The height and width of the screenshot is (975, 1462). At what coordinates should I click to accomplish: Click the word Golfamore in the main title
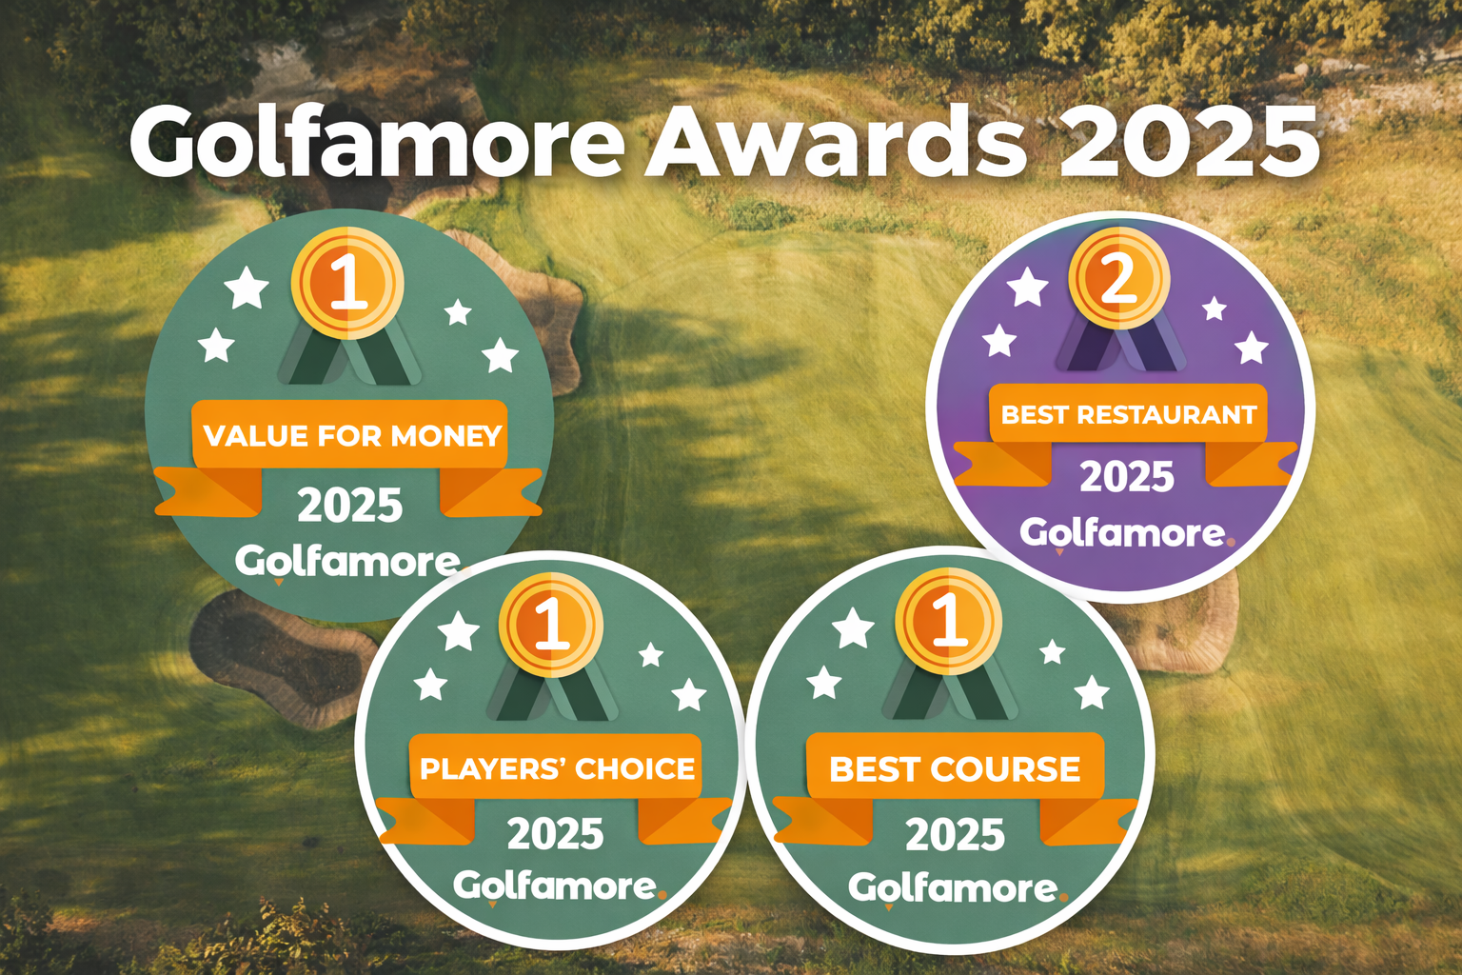377,140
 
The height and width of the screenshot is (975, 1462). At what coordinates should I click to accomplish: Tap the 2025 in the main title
1189,144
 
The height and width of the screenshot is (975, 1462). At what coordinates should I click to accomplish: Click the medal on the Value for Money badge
347,283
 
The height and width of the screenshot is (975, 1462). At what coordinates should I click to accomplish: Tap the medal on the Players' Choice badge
550,625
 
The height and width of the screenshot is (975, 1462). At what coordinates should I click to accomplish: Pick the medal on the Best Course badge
948,620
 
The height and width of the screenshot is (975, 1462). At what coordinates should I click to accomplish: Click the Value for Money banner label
352,435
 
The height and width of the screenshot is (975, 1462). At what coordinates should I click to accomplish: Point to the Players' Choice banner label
557,768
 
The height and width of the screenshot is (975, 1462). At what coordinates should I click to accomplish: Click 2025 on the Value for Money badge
350,506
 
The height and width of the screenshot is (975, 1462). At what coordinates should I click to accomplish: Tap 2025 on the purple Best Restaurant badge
1127,477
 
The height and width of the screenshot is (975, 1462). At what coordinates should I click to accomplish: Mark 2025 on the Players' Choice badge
556,833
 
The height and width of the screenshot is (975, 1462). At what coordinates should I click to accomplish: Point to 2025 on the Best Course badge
955,835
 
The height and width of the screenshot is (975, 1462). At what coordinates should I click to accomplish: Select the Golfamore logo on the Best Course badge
958,889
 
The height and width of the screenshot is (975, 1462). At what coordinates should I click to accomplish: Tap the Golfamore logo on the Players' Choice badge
560,886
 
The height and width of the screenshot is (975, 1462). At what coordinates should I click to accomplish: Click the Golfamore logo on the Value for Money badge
348,564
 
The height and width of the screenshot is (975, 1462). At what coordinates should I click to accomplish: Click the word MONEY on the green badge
446,435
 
